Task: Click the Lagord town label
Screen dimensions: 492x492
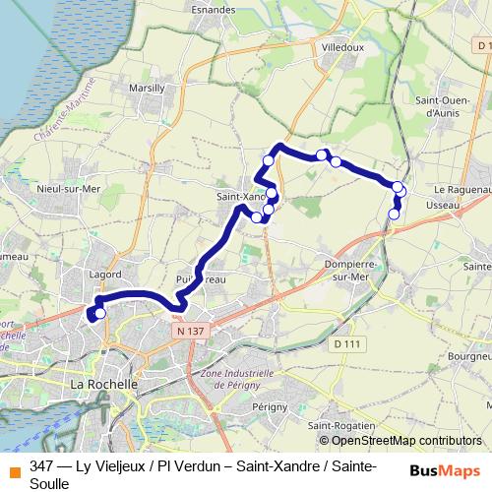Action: [104, 275]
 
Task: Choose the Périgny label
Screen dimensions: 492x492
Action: [269, 405]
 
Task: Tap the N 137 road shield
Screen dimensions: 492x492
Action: [193, 333]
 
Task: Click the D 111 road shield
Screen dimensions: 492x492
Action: [345, 343]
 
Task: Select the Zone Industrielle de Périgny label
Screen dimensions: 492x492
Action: [237, 380]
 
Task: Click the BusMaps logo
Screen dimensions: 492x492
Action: [445, 470]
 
